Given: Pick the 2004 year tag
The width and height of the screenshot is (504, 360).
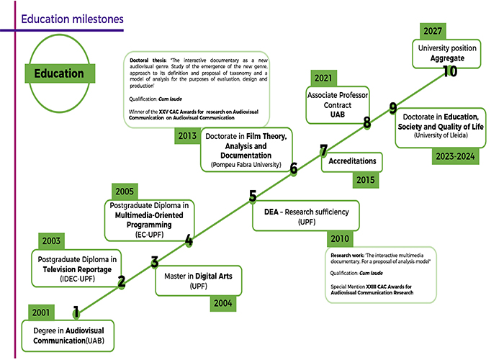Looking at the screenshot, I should click(222, 303).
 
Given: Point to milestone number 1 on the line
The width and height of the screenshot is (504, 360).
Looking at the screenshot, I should click(76, 311).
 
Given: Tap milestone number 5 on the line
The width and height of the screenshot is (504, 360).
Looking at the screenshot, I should click(253, 196).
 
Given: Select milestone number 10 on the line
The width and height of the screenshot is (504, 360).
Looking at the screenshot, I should click(450, 71).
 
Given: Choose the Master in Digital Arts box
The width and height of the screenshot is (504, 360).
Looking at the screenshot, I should click(199, 280).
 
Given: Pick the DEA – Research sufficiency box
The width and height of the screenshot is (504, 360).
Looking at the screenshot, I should click(306, 217).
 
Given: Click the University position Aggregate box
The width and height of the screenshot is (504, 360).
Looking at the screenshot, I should click(449, 52).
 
